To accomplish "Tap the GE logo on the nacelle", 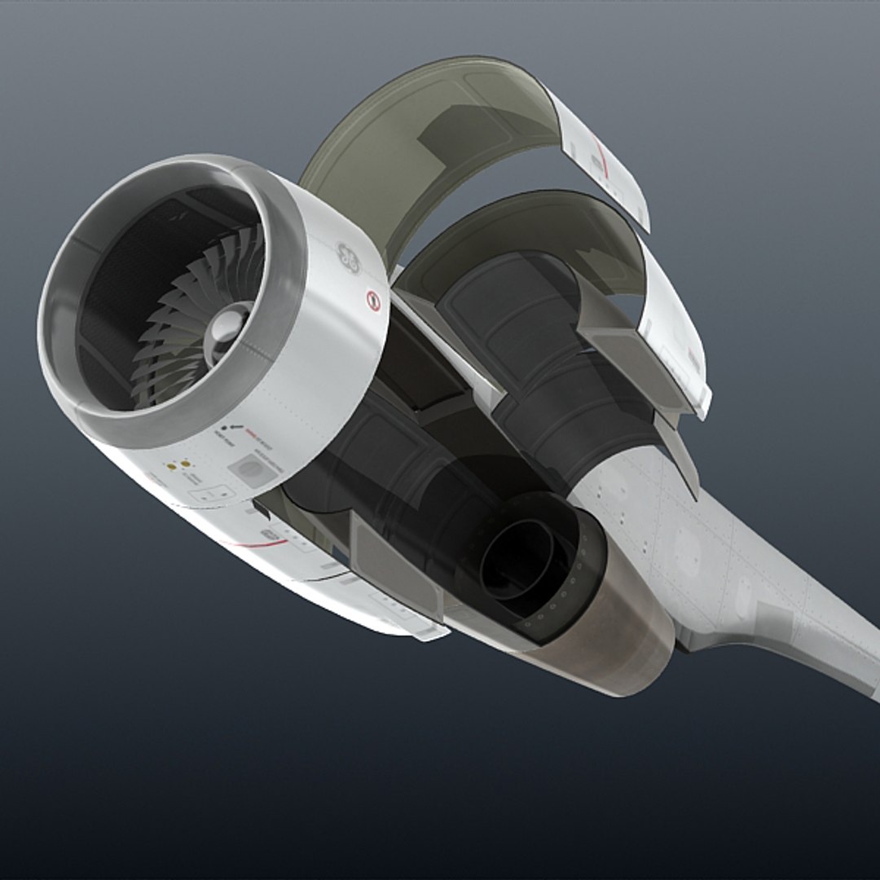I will [x=349, y=257].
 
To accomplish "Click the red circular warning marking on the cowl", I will [x=374, y=301].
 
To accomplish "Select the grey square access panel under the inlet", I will [x=250, y=471].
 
